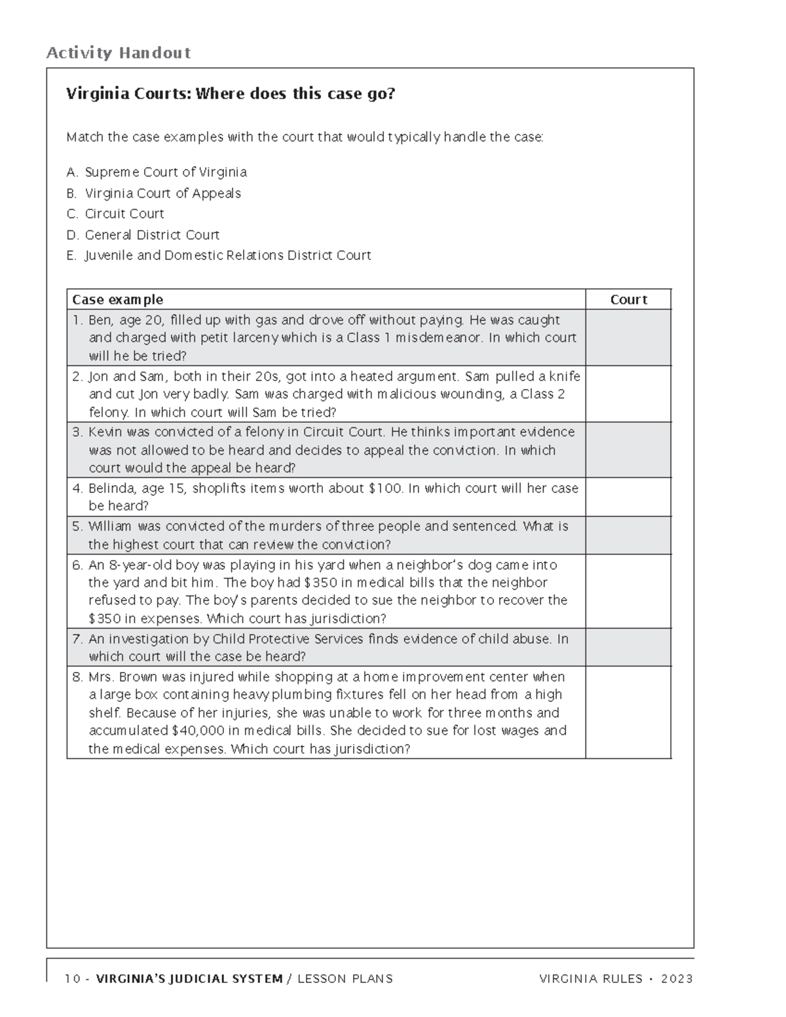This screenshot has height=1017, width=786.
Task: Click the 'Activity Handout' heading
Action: pyautogui.click(x=118, y=53)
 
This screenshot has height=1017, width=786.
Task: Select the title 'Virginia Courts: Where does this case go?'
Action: pyautogui.click(x=231, y=94)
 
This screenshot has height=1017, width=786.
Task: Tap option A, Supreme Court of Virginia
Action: pyautogui.click(x=157, y=172)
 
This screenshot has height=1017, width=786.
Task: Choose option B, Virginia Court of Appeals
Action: pyautogui.click(x=154, y=193)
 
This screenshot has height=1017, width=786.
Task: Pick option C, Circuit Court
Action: pyautogui.click(x=115, y=214)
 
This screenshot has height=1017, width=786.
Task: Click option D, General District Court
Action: pyautogui.click(x=143, y=234)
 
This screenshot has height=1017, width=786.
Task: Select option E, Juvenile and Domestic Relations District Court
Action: pyautogui.click(x=219, y=255)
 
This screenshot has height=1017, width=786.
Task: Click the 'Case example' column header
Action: pyautogui.click(x=117, y=300)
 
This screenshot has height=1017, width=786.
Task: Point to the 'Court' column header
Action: pyautogui.click(x=628, y=300)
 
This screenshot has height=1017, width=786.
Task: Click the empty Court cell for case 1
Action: pyautogui.click(x=628, y=338)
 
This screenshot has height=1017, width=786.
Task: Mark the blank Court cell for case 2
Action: pyautogui.click(x=628, y=394)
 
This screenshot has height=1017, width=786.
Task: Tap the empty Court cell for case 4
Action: pyautogui.click(x=628, y=497)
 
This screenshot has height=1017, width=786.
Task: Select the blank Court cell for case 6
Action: pyautogui.click(x=628, y=591)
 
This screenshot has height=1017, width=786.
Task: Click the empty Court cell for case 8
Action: pyautogui.click(x=628, y=712)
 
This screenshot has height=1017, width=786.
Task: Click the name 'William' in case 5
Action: pyautogui.click(x=110, y=527)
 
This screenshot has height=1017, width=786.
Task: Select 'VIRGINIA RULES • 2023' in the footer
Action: pyautogui.click(x=616, y=979)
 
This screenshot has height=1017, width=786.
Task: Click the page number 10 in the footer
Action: pyautogui.click(x=72, y=979)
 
